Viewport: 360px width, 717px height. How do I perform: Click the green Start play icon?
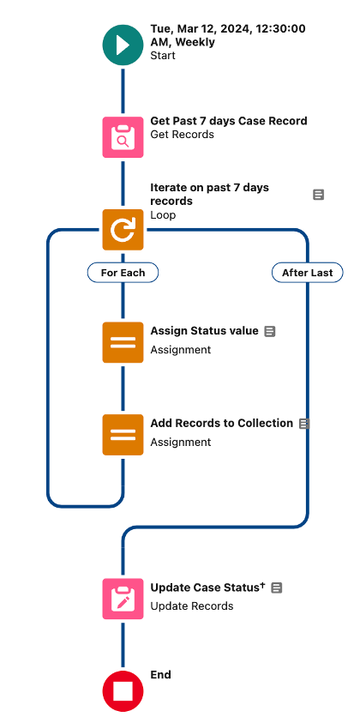(x=123, y=45)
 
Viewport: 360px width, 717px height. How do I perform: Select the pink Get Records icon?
(x=123, y=137)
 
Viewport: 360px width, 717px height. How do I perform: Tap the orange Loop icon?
(x=123, y=230)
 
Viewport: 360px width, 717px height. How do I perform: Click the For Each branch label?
(x=123, y=273)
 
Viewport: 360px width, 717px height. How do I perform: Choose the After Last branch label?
(x=308, y=273)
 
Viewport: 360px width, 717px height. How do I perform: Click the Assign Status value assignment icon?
(x=123, y=342)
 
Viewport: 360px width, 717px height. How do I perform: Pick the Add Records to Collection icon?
(x=123, y=435)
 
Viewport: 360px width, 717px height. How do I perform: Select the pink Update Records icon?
(x=123, y=599)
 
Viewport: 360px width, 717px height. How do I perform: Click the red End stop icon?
(x=123, y=691)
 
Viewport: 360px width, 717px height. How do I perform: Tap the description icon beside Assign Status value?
(x=270, y=332)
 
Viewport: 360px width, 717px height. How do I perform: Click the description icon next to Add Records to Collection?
(x=304, y=424)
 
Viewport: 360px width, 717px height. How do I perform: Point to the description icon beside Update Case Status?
(x=276, y=587)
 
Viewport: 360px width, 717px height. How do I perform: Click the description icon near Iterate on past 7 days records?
(x=318, y=195)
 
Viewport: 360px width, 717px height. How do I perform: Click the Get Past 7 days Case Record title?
(x=229, y=121)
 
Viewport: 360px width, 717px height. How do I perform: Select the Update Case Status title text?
(x=205, y=587)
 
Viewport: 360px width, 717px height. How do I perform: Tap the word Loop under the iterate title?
(x=163, y=215)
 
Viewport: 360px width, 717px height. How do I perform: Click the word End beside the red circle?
(x=161, y=674)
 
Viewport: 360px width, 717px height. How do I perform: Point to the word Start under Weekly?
(x=163, y=56)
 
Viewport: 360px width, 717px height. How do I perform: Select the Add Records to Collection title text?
(x=222, y=424)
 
